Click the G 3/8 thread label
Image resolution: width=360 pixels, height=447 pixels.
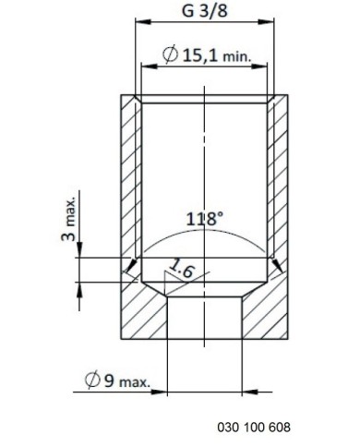coord(205,10)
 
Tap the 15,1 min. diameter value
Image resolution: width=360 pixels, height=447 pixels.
coord(217,56)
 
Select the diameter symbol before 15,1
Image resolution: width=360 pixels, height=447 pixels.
coord(171,54)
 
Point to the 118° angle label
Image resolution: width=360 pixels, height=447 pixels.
coord(204,219)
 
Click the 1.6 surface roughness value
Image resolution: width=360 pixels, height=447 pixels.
coord(182,268)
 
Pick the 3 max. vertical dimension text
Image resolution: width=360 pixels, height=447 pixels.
coord(69,218)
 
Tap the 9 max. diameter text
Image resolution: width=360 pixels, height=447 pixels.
coord(127,381)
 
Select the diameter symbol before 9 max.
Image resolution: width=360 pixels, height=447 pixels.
coord(92,380)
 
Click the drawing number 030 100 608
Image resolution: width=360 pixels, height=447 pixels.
coord(254,428)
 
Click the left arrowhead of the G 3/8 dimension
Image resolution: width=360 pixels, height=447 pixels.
coord(143,22)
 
